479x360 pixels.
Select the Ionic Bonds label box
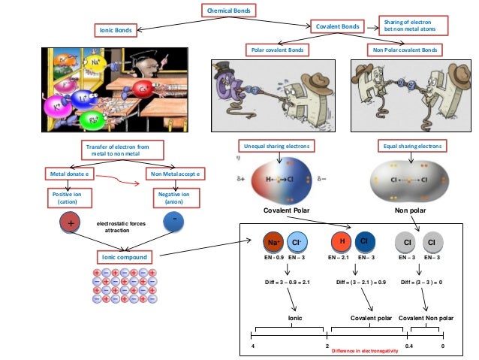(117, 30)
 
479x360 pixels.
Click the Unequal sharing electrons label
(276, 145)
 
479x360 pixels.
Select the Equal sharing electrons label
(412, 145)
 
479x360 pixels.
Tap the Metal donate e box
(70, 174)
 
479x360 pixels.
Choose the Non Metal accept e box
(174, 174)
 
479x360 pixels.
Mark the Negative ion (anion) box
(173, 198)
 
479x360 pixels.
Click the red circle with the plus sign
(69, 224)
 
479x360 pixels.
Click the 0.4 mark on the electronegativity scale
(409, 345)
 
